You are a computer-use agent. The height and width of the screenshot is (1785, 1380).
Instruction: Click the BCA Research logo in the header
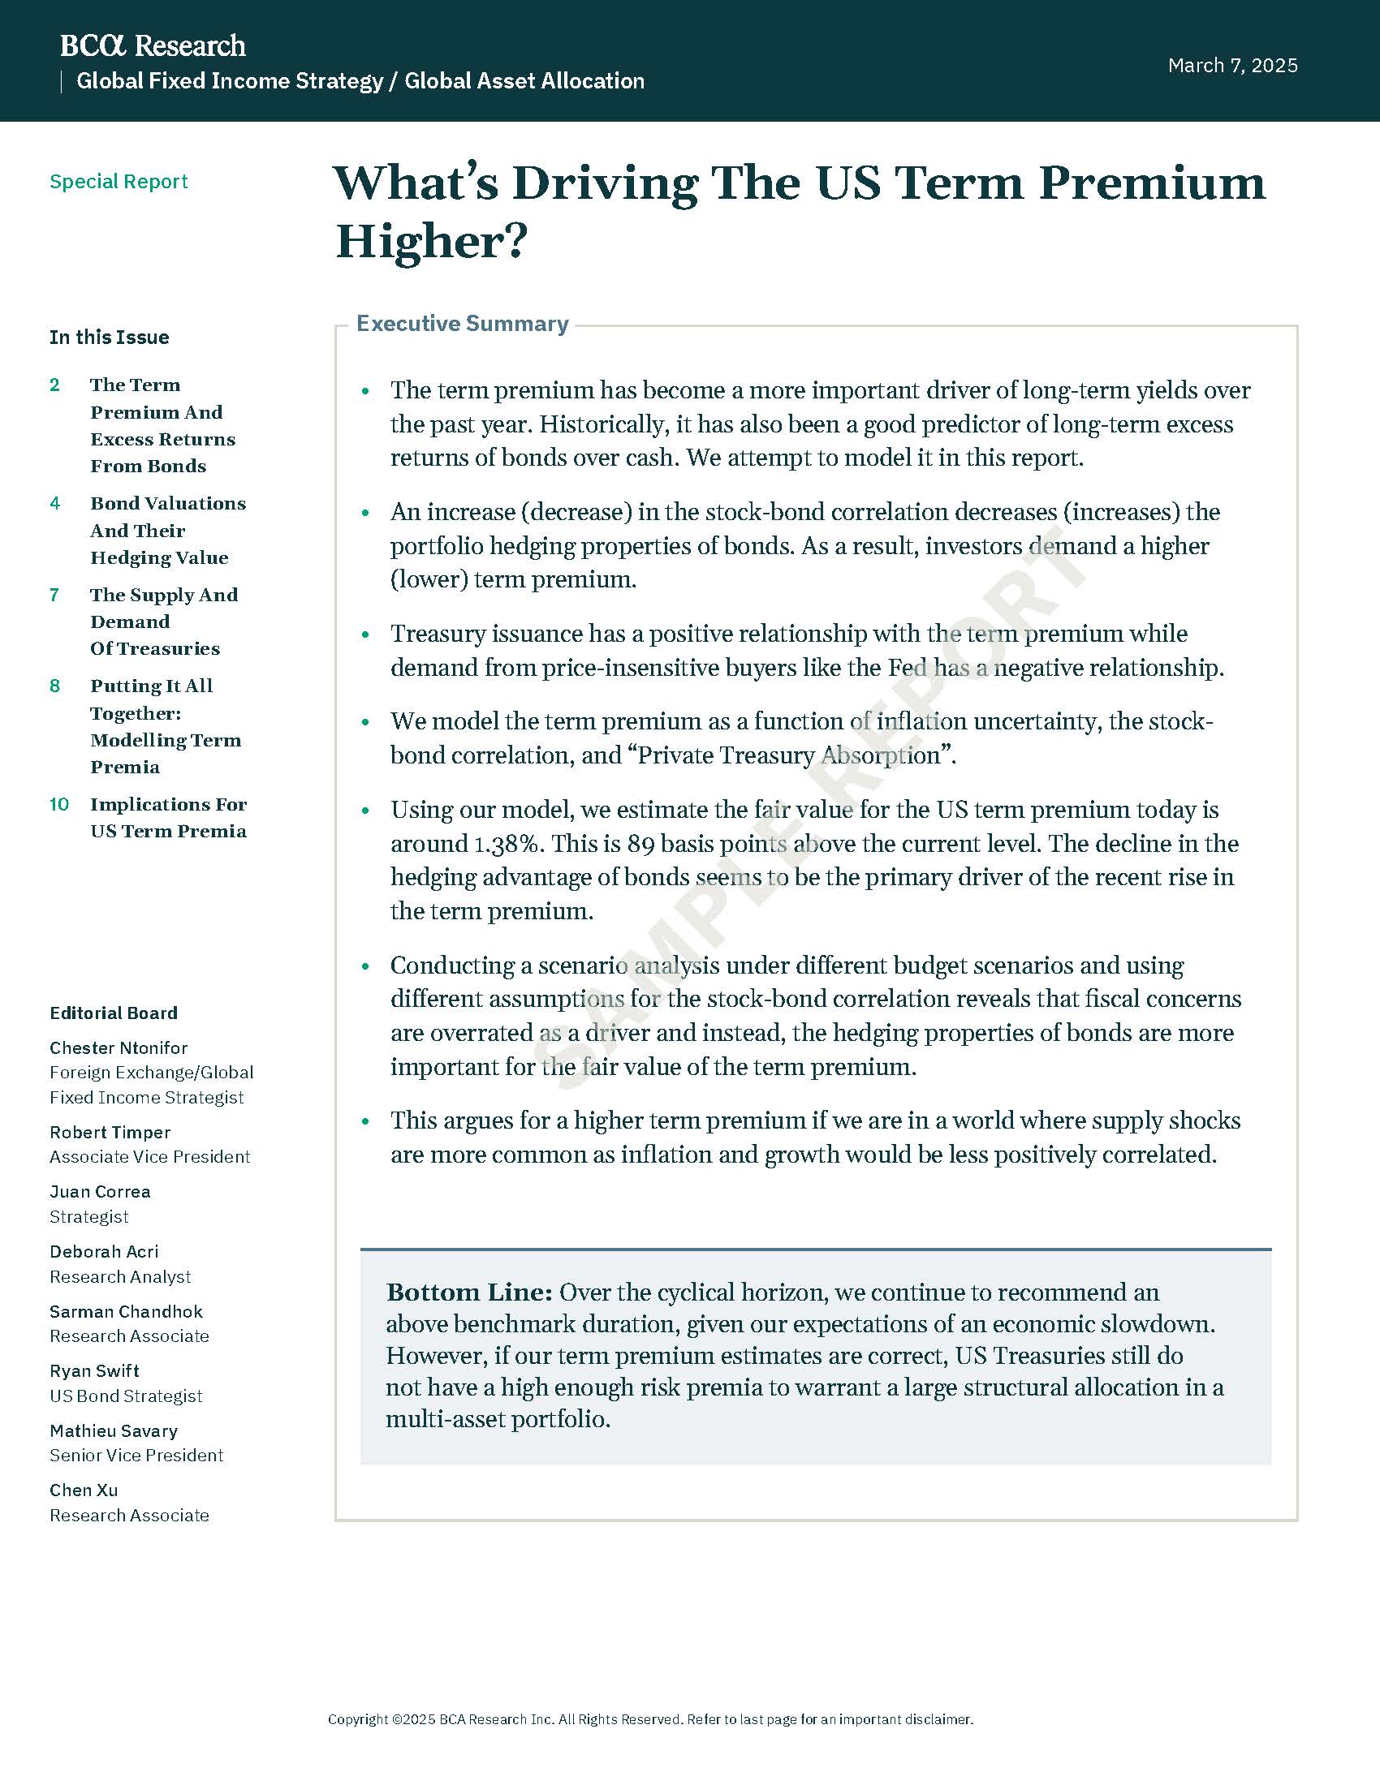coord(152,45)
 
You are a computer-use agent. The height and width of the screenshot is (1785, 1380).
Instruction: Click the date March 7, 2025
coord(1232,66)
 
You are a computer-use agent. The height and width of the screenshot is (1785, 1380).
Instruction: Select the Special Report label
coord(119,182)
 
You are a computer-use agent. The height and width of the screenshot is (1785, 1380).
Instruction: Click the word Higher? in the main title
coord(432,242)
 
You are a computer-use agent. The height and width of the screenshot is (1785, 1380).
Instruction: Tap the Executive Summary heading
coord(462,324)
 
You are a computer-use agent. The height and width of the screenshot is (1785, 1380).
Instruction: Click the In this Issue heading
coord(109,338)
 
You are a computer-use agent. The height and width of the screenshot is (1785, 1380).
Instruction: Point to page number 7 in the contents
coord(54,595)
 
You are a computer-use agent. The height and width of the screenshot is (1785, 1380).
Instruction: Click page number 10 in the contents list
coord(59,804)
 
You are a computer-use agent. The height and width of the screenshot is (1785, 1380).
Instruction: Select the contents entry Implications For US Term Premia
coord(167,817)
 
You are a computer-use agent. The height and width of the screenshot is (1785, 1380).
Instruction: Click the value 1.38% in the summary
coord(506,844)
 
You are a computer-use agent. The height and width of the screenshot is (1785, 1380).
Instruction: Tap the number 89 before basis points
coord(641,844)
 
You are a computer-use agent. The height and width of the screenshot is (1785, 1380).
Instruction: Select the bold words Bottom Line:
coord(469,1293)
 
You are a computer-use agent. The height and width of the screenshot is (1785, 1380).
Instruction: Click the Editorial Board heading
coord(114,1013)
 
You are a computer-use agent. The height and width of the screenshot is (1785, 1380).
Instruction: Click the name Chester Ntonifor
coord(119,1047)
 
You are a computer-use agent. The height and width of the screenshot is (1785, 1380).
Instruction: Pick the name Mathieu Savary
coord(114,1431)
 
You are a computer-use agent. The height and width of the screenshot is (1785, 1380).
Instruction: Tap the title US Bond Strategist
coord(126,1396)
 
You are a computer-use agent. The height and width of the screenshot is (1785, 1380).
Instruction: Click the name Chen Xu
coord(84,1490)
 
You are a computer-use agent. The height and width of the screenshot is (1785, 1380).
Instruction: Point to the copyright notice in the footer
coord(650,1718)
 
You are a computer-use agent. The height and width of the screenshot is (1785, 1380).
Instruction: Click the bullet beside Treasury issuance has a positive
coord(365,634)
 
